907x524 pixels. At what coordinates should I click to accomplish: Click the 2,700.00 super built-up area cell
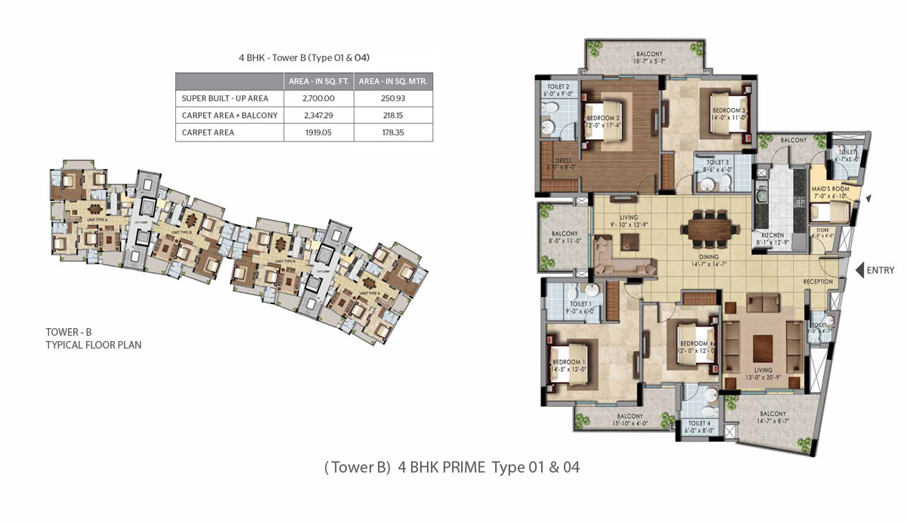tap(318, 98)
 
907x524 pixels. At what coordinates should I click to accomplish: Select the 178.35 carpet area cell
tap(393, 132)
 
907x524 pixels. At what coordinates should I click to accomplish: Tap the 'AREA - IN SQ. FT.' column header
tap(318, 81)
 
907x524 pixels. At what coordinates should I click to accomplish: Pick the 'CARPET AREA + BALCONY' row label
tap(230, 116)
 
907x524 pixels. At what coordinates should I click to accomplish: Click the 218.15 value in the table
tap(393, 116)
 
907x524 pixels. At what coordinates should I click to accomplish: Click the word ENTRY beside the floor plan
tap(881, 270)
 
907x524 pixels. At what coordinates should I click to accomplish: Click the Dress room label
tap(562, 163)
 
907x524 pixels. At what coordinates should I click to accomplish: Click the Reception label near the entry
tap(818, 281)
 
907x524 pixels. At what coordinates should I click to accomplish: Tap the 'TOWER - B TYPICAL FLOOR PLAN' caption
tap(93, 338)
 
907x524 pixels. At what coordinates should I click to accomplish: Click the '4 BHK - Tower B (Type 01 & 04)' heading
tap(304, 57)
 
